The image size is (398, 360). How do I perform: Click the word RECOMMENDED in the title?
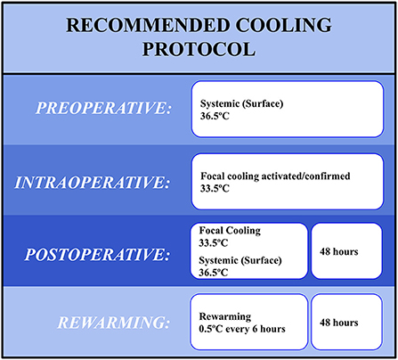pos(149,25)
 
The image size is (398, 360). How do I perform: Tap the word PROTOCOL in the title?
pos(199,49)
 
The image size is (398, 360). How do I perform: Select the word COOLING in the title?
pos(284,25)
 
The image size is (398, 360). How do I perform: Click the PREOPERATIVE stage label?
pos(103,108)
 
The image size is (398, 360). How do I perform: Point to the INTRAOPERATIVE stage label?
pos(93,182)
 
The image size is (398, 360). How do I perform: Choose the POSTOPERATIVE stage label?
pos(98,255)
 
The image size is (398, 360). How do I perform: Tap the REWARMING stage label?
pos(114,323)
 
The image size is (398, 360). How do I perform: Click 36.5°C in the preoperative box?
pos(215,116)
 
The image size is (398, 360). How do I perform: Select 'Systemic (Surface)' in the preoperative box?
pos(241,103)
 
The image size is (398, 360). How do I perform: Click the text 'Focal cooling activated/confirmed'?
pos(275,176)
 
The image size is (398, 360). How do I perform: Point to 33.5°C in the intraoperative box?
pos(215,188)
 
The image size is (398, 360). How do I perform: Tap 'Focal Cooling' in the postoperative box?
pos(230,231)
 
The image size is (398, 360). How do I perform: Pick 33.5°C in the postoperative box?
pos(214,243)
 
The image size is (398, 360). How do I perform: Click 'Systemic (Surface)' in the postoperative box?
pos(240,260)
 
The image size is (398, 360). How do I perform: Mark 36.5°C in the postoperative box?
pos(214,273)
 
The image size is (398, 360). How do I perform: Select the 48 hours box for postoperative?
pos(346,251)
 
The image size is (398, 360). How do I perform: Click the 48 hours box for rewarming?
pos(346,322)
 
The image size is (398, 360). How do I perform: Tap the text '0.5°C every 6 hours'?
pos(242,329)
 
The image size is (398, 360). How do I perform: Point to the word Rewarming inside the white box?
pos(225,316)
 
